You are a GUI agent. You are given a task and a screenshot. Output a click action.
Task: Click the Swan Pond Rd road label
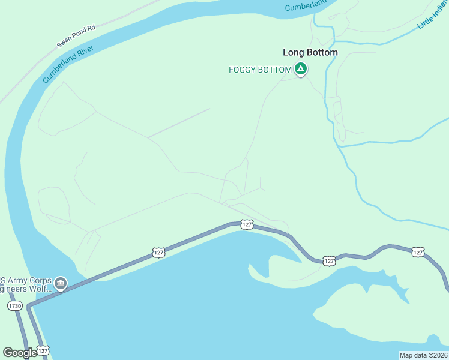pyautogui.click(x=76, y=36)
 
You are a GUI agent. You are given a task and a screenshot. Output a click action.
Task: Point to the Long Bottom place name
pyautogui.click(x=310, y=52)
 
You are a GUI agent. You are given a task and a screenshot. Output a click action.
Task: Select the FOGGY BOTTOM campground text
pyautogui.click(x=260, y=70)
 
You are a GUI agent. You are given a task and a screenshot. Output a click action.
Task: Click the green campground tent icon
pyautogui.click(x=301, y=70)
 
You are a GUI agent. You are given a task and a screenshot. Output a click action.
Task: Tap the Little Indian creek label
pyautogui.click(x=433, y=15)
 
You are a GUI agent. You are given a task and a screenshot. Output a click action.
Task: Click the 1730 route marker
pyautogui.click(x=15, y=306)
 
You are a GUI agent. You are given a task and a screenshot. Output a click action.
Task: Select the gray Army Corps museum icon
pyautogui.click(x=60, y=283)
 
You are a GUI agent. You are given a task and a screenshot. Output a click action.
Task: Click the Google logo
pyautogui.click(x=19, y=353)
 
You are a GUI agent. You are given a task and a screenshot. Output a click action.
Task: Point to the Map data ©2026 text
pyautogui.click(x=424, y=355)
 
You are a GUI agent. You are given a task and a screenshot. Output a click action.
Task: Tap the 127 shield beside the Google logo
pyautogui.click(x=43, y=350)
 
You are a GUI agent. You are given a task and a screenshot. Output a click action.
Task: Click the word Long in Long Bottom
pyautogui.click(x=293, y=52)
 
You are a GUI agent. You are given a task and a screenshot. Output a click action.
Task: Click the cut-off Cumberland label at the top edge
pyautogui.click(x=305, y=6)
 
